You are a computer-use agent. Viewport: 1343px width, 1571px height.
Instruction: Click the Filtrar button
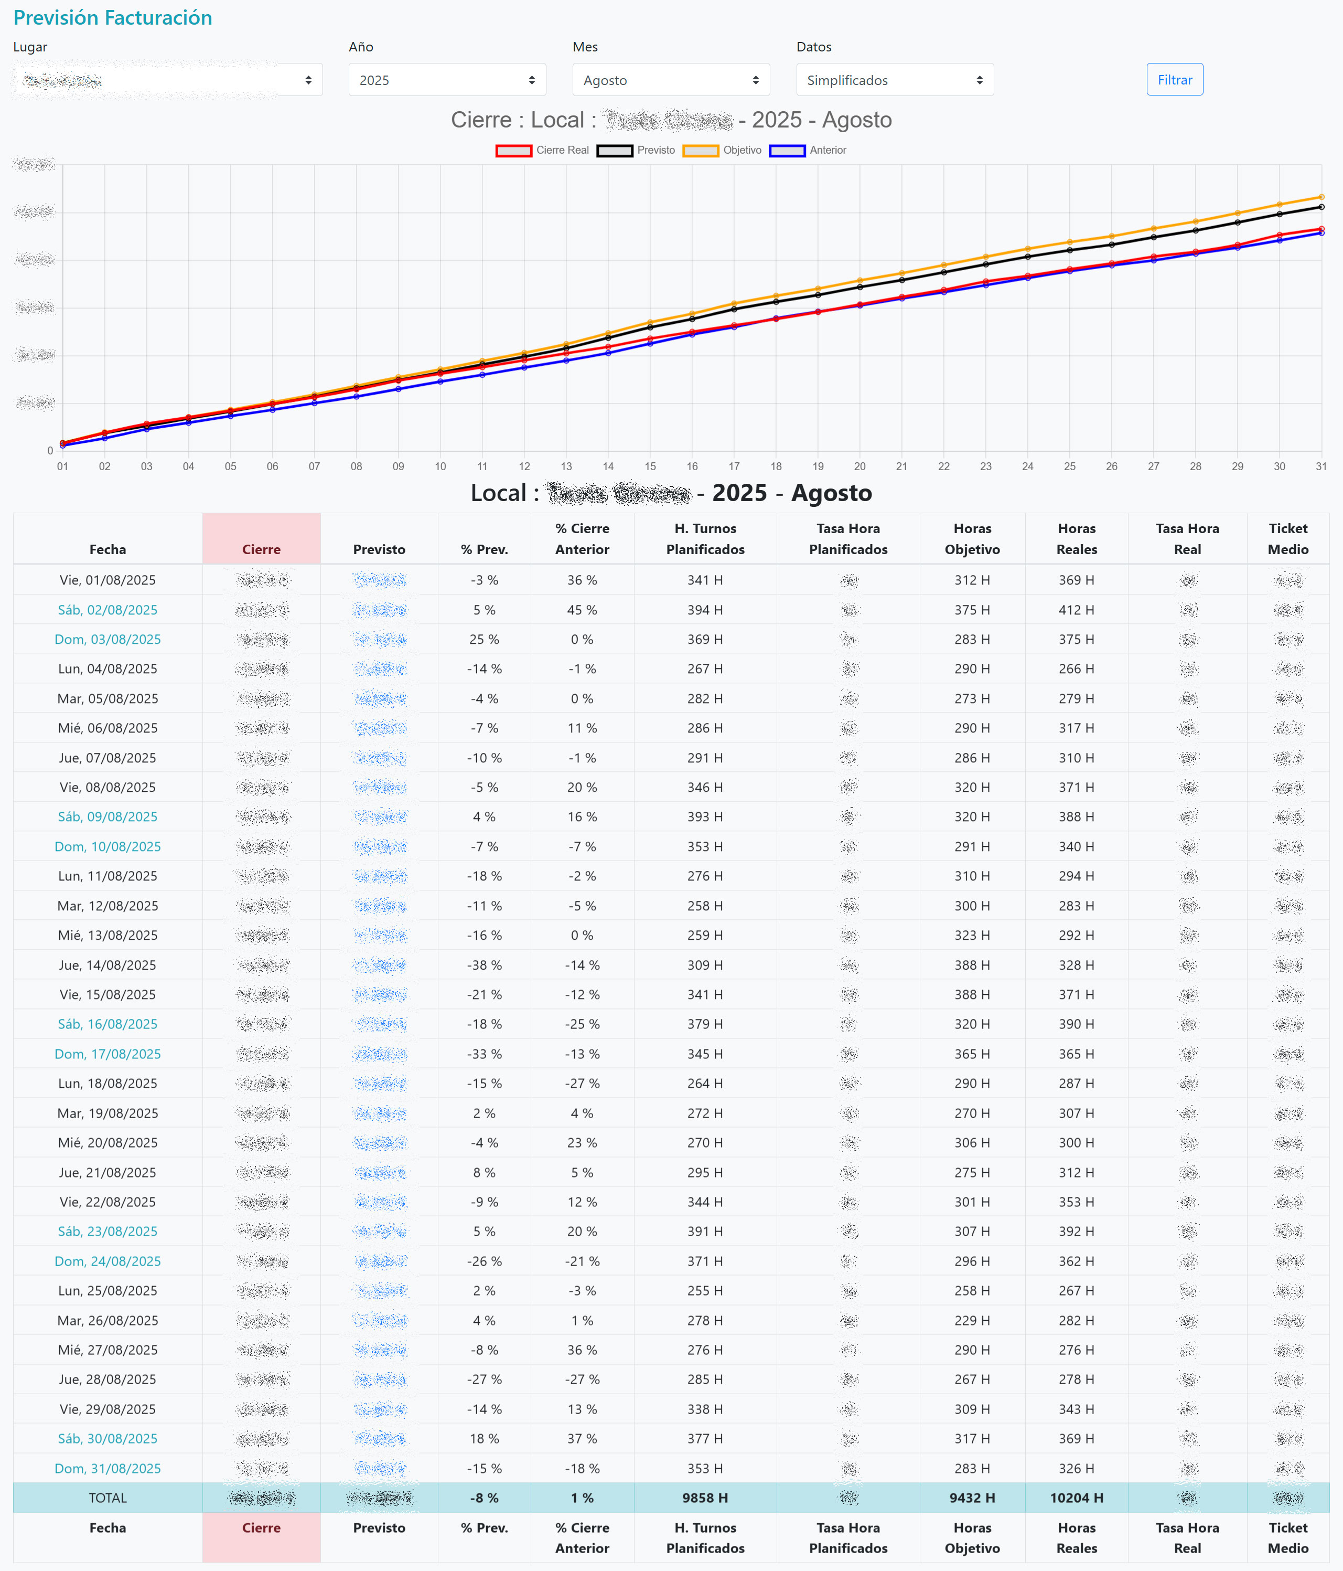1174,80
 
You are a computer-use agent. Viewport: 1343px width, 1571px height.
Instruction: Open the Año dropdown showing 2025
446,80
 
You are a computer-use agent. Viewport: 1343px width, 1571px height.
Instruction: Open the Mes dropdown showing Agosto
671,80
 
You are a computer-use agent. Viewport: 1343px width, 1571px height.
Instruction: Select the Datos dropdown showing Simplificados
894,80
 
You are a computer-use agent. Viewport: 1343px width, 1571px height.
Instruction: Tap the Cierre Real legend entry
543,150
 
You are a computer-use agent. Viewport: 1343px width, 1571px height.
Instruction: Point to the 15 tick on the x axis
650,466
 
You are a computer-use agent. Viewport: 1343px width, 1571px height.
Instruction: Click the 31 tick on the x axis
1321,466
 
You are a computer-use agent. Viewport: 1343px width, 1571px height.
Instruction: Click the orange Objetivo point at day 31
1321,197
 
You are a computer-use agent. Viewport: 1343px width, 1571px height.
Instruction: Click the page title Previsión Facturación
113,17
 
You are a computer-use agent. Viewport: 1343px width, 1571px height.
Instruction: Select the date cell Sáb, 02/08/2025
108,610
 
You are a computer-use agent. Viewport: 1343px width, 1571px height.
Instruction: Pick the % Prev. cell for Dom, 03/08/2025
485,639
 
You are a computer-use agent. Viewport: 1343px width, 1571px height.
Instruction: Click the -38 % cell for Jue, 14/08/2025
485,965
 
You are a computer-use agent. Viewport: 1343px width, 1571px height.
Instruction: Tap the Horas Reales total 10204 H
1076,1498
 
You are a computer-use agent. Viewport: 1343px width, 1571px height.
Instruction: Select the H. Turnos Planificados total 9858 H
705,1498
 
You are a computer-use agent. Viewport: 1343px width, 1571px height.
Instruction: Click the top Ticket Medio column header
1287,538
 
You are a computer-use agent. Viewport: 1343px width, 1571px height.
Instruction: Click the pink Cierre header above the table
262,539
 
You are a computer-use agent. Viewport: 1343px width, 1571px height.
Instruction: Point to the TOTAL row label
108,1498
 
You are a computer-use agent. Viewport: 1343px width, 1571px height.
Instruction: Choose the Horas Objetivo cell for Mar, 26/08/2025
972,1320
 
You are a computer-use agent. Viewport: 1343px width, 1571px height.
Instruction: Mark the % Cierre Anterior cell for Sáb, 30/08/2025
582,1438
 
